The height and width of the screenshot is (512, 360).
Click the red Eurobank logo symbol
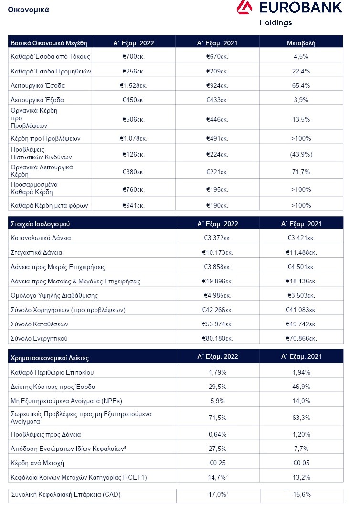click(x=244, y=7)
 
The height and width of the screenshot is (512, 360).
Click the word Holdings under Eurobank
click(x=275, y=23)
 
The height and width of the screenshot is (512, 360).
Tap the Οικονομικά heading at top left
click(x=29, y=10)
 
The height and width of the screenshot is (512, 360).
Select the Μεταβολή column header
click(x=301, y=43)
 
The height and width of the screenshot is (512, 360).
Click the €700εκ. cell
click(x=133, y=56)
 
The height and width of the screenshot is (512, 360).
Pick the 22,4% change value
click(x=301, y=71)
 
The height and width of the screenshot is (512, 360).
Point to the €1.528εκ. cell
click(x=133, y=85)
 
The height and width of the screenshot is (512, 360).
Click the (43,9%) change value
click(x=301, y=155)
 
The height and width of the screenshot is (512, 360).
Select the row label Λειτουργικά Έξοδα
click(x=37, y=100)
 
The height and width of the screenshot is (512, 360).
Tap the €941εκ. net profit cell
click(x=133, y=205)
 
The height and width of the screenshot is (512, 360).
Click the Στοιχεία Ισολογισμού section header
click(x=40, y=224)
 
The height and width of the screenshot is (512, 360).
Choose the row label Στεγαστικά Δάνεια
click(x=36, y=252)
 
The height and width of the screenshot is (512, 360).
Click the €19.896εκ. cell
click(x=217, y=281)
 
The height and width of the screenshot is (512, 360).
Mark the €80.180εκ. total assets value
click(x=217, y=339)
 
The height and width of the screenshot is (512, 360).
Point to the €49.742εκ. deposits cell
click(x=301, y=324)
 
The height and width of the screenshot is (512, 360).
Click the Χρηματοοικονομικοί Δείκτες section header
click(x=50, y=358)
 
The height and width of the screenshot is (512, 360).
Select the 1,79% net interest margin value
click(x=218, y=372)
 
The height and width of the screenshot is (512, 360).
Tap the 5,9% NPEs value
click(x=218, y=401)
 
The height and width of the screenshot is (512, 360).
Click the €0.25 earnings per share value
click(x=218, y=463)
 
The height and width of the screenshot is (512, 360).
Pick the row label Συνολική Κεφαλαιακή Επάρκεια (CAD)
click(x=66, y=495)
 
